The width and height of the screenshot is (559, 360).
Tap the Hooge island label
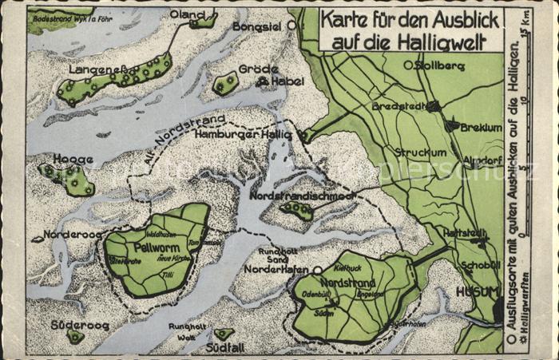[73, 159]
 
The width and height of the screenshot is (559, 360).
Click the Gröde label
[259, 69]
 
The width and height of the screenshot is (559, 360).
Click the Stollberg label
[439, 65]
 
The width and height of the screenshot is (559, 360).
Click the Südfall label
[221, 347]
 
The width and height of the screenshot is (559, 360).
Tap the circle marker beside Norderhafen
[317, 271]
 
